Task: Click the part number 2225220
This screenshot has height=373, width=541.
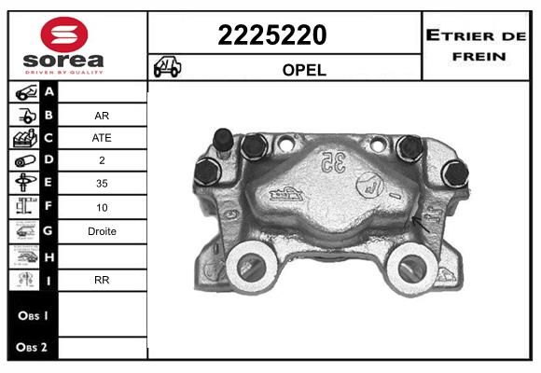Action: point(272,35)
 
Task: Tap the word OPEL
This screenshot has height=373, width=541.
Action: point(304,70)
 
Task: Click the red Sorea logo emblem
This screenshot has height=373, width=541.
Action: point(64,35)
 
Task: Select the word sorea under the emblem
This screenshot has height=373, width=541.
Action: point(63,61)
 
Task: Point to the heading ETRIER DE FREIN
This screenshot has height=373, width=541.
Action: point(476,46)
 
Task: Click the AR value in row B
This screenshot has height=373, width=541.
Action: point(102,116)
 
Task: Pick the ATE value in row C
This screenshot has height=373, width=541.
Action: point(102,138)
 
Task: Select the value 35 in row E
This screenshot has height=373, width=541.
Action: point(102,183)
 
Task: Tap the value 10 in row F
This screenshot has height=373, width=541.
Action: point(102,207)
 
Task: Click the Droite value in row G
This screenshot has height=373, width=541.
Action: point(102,231)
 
